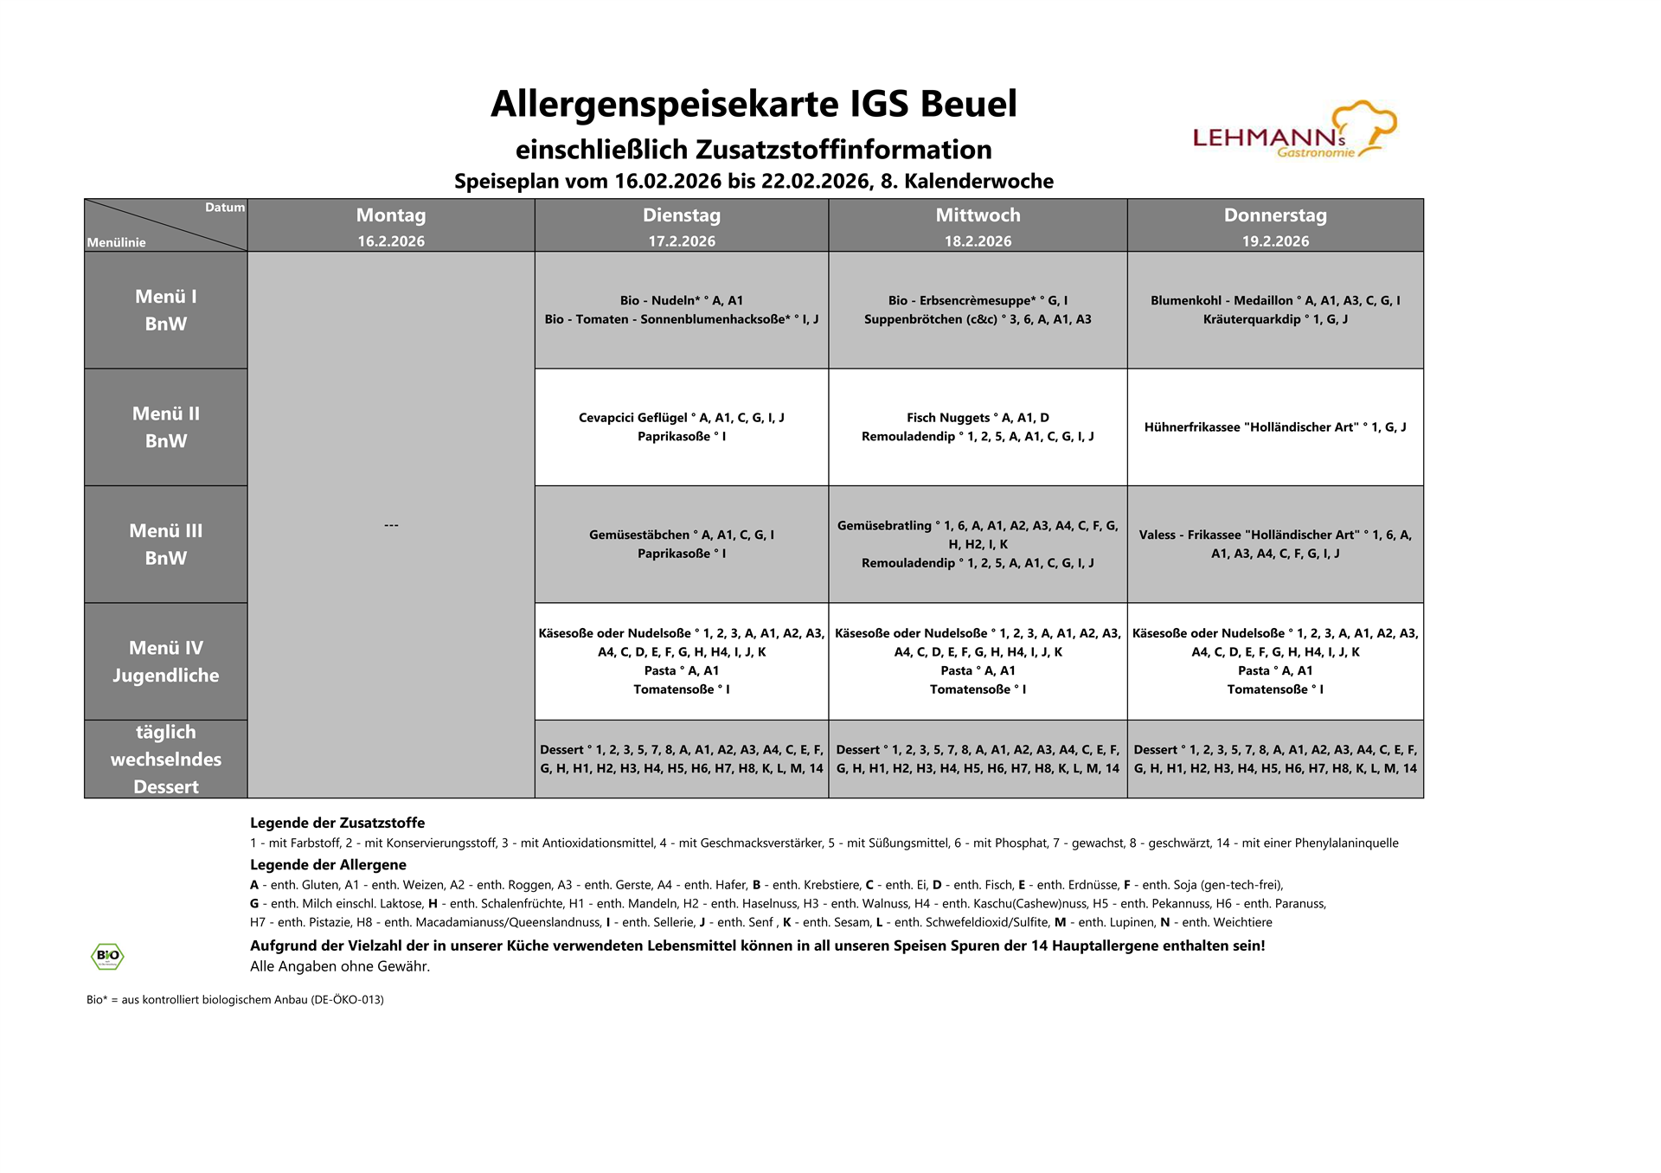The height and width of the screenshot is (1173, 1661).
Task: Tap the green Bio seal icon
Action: (107, 956)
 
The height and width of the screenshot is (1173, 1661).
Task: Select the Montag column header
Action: (391, 215)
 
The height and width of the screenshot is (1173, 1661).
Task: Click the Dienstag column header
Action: (682, 215)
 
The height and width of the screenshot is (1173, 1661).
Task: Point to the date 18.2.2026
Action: (978, 241)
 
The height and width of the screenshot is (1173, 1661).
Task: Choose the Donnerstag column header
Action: (1275, 215)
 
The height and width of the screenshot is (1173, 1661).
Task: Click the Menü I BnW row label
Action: (166, 310)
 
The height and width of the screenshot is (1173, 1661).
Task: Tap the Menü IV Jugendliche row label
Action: (166, 662)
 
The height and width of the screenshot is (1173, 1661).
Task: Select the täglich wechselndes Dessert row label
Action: (166, 759)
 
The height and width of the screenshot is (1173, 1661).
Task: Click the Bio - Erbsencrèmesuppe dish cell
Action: (978, 310)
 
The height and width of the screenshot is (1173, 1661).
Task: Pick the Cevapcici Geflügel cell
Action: (682, 426)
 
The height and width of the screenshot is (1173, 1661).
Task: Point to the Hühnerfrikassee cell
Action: (1275, 427)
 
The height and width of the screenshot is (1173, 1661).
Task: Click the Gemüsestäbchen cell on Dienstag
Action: (682, 544)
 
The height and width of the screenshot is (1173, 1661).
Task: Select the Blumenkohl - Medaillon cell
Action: (1275, 310)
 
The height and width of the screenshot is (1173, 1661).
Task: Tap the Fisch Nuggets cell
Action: (978, 426)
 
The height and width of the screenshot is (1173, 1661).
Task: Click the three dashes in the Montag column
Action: (391, 525)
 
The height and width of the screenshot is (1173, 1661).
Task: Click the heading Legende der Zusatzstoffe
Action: (337, 823)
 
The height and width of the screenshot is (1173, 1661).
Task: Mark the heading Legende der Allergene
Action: (328, 864)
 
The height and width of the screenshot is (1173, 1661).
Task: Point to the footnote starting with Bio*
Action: (235, 999)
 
